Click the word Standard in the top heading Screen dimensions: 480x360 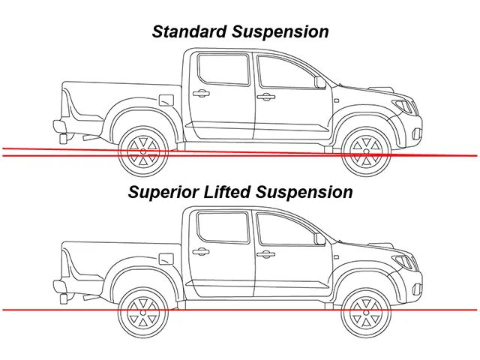189,31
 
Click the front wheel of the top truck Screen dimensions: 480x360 366,151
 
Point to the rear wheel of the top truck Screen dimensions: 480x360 143,151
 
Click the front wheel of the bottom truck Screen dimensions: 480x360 366,313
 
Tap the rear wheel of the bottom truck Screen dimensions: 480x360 143,313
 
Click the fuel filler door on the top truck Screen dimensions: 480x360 166,100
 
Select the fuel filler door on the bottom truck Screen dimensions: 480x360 166,259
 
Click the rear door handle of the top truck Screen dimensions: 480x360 201,93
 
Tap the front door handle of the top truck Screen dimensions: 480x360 265,97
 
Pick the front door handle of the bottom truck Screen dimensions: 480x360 265,254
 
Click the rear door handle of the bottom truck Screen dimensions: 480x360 201,252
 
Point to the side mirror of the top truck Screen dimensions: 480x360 320,82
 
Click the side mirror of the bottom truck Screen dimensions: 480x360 320,239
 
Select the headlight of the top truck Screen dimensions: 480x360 405,106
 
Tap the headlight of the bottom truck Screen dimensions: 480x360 405,262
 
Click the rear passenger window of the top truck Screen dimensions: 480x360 223,70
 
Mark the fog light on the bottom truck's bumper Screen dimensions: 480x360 417,289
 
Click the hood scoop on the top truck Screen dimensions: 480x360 382,89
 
